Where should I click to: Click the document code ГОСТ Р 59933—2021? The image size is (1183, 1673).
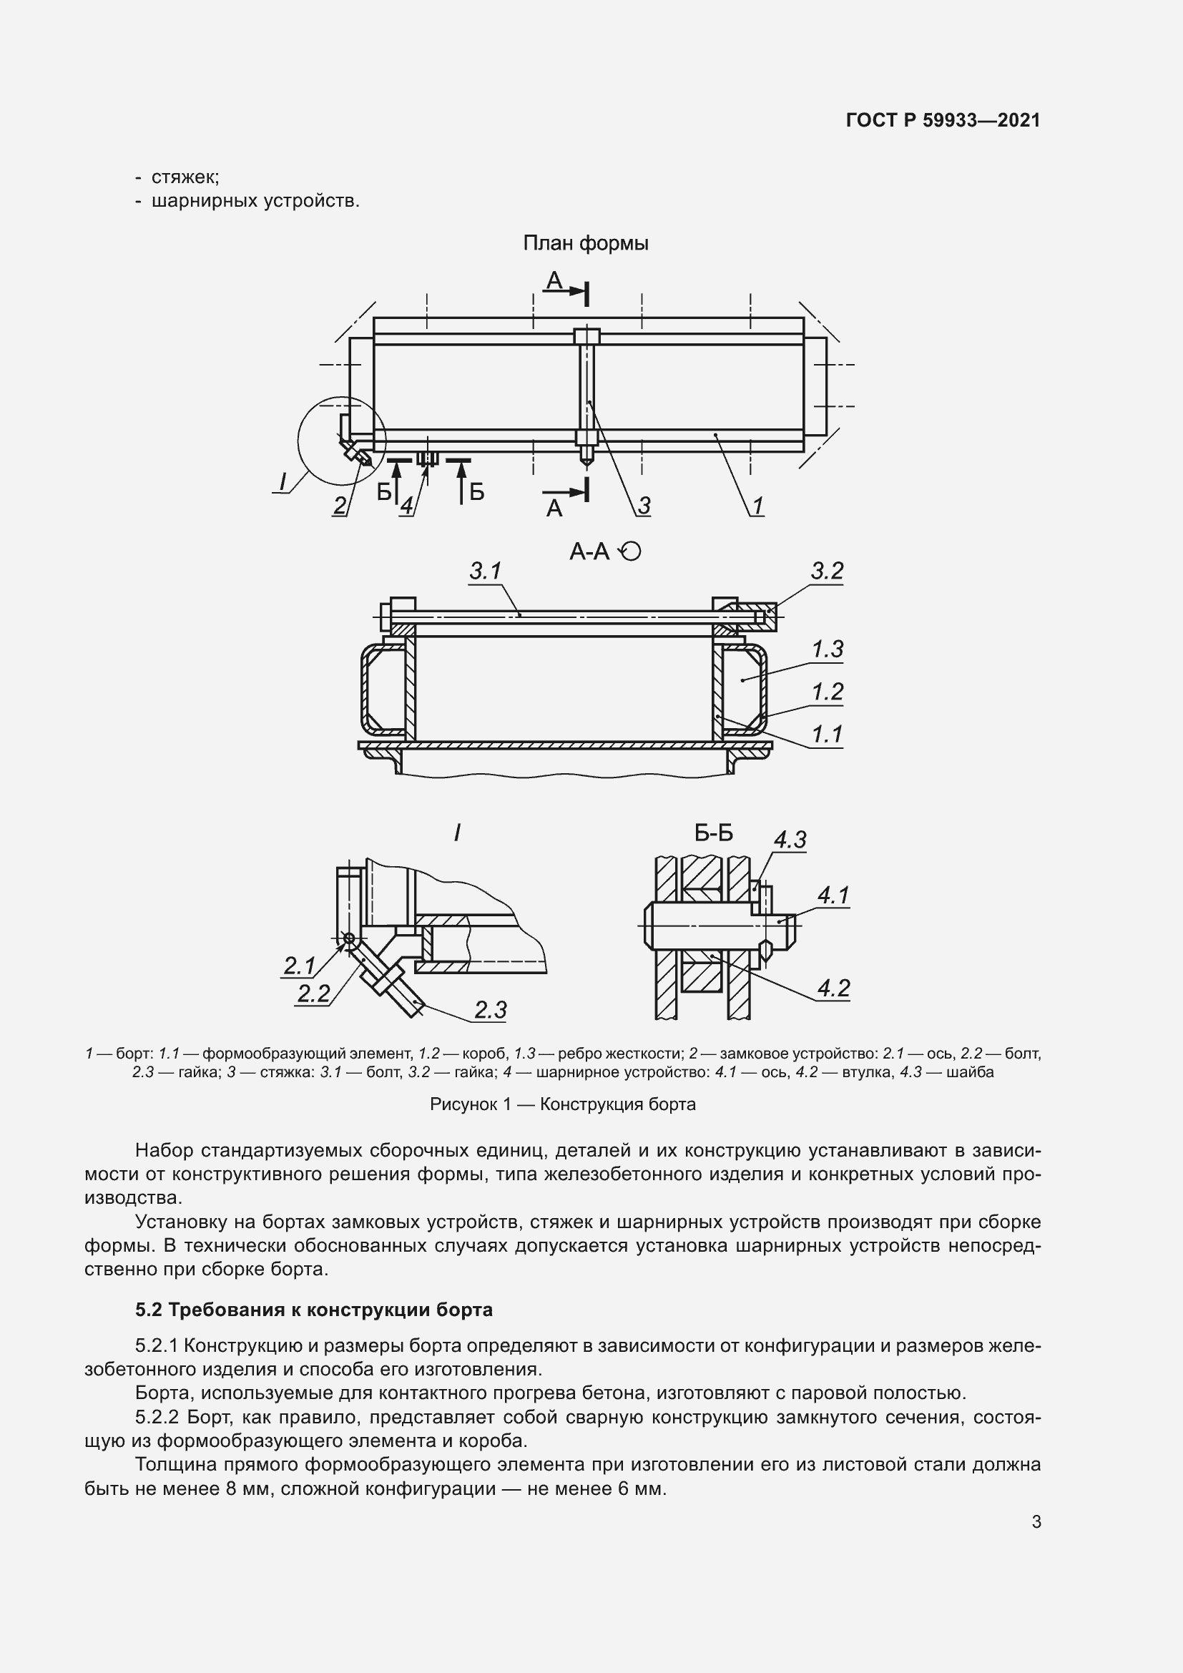[x=943, y=120]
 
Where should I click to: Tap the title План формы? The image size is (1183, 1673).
[x=586, y=243]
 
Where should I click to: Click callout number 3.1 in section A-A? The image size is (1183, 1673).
[x=485, y=571]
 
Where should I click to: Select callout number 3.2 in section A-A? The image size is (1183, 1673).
[x=827, y=571]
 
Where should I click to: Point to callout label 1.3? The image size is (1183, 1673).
[x=827, y=649]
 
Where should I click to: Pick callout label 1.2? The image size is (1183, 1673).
[x=827, y=691]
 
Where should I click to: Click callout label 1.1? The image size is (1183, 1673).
[x=827, y=734]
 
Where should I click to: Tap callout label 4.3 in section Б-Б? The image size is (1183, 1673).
[x=790, y=840]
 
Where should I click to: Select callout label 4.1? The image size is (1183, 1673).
[x=833, y=896]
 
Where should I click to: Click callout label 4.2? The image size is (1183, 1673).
[x=833, y=988]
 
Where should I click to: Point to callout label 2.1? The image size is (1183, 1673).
[x=299, y=966]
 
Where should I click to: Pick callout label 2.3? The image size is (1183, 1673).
[x=490, y=1010]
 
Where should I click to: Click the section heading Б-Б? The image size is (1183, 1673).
[x=713, y=833]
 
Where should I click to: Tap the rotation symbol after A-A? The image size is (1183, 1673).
[x=630, y=552]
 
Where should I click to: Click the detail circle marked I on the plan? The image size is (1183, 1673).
[x=342, y=440]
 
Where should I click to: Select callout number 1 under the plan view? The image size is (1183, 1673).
[x=757, y=506]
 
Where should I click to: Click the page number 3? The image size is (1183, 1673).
[x=1036, y=1521]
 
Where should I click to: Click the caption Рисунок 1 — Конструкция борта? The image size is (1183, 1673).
[x=562, y=1104]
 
